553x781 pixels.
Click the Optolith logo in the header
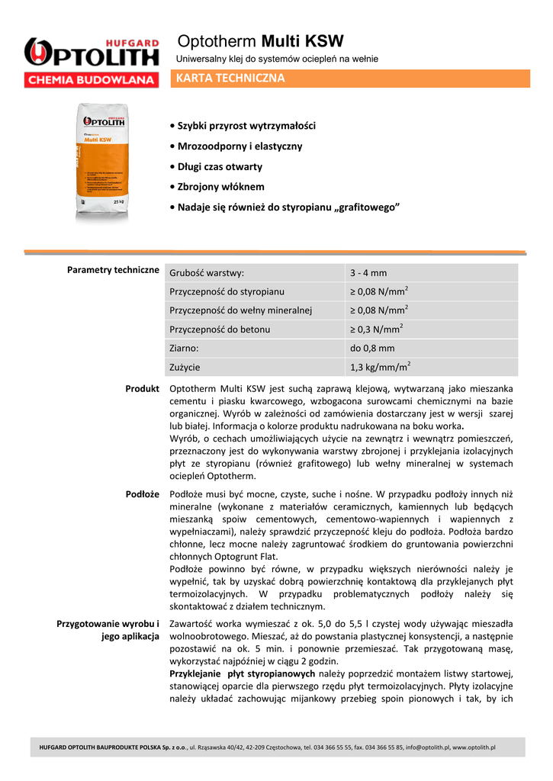(92, 53)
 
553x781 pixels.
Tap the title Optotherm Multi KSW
(261, 41)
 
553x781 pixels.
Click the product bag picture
(105, 162)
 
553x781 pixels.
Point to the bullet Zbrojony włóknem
(220, 187)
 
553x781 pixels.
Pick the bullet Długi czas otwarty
(220, 166)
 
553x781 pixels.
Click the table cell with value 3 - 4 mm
(368, 273)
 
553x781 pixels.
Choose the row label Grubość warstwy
(207, 273)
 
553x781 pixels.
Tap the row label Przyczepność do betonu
(220, 329)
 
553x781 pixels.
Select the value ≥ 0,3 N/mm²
(377, 329)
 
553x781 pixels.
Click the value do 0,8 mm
(372, 349)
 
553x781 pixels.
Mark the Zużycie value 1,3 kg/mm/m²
(380, 367)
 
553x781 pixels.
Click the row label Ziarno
(184, 349)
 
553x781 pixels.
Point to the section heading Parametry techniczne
(113, 270)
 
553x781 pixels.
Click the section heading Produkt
(142, 389)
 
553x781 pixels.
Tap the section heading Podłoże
(142, 494)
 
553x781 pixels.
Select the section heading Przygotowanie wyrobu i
(108, 624)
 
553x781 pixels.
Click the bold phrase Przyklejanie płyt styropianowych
(242, 674)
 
